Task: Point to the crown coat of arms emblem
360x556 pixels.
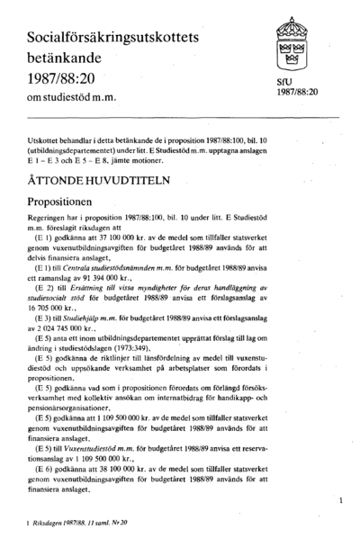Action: (290, 42)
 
